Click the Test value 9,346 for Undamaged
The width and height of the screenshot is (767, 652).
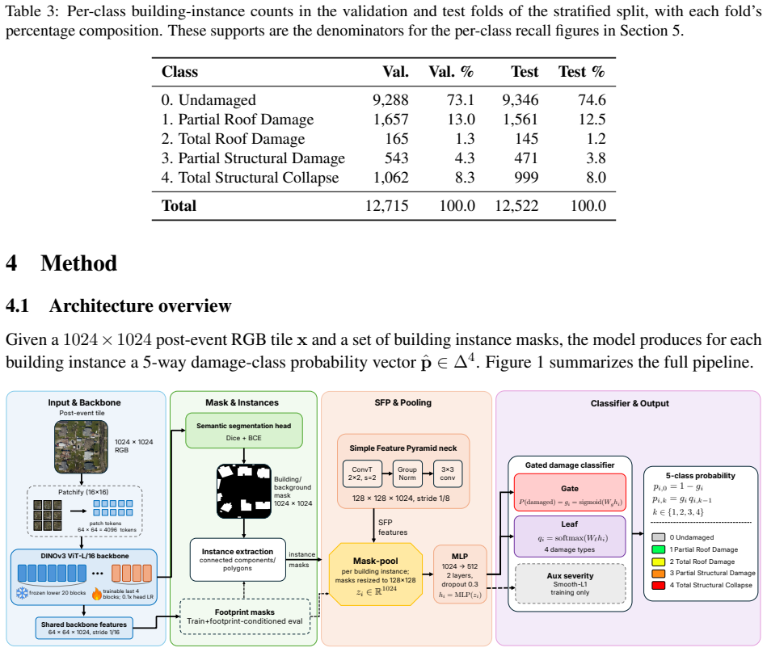point(520,100)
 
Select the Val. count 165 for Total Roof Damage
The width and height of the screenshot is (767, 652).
point(397,139)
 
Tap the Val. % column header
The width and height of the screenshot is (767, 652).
point(451,72)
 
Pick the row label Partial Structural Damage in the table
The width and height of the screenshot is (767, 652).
point(253,158)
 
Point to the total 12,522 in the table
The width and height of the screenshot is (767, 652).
point(516,206)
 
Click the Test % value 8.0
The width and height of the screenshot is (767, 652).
point(596,178)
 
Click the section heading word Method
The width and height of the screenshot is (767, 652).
point(78,263)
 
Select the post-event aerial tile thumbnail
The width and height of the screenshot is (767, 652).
point(81,447)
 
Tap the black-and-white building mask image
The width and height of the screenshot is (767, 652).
point(243,491)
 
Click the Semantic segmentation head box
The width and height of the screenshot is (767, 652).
point(243,431)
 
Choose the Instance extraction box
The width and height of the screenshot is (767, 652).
point(238,560)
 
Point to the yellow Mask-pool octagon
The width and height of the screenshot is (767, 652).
point(376,574)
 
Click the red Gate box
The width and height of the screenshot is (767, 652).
point(570,493)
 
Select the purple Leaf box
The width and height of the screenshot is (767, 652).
point(570,536)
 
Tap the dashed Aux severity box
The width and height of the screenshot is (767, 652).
point(571,583)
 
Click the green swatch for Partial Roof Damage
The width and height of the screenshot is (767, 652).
point(659,549)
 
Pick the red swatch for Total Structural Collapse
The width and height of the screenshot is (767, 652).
point(659,585)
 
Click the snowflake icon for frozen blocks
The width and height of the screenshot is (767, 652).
point(22,593)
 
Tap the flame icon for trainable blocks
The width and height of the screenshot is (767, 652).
point(97,594)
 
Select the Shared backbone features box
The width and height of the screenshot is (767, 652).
point(83,628)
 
